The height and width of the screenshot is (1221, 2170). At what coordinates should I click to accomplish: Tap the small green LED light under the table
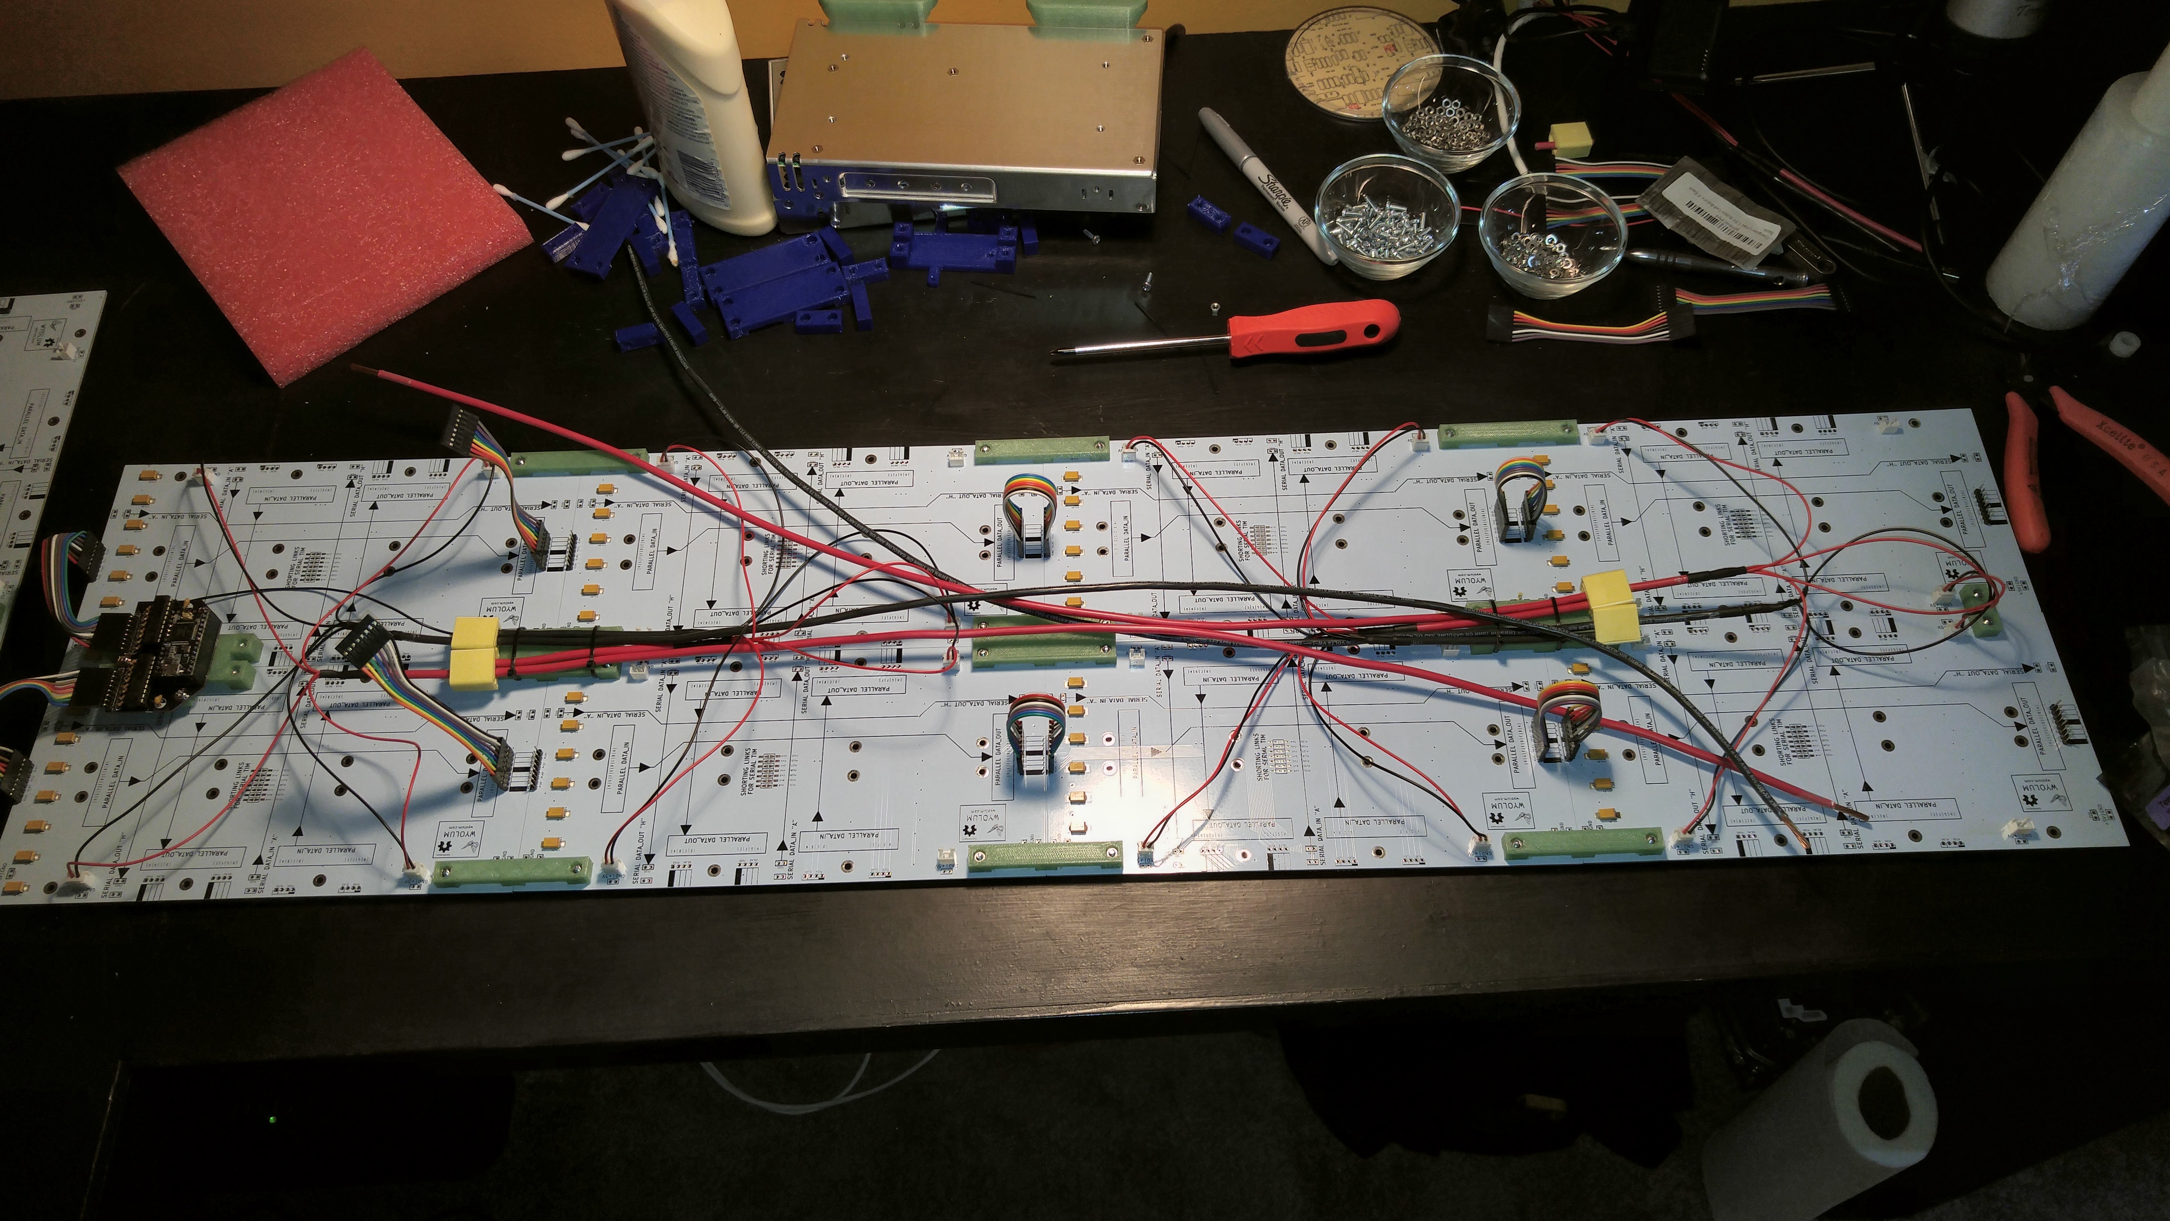point(272,1120)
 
